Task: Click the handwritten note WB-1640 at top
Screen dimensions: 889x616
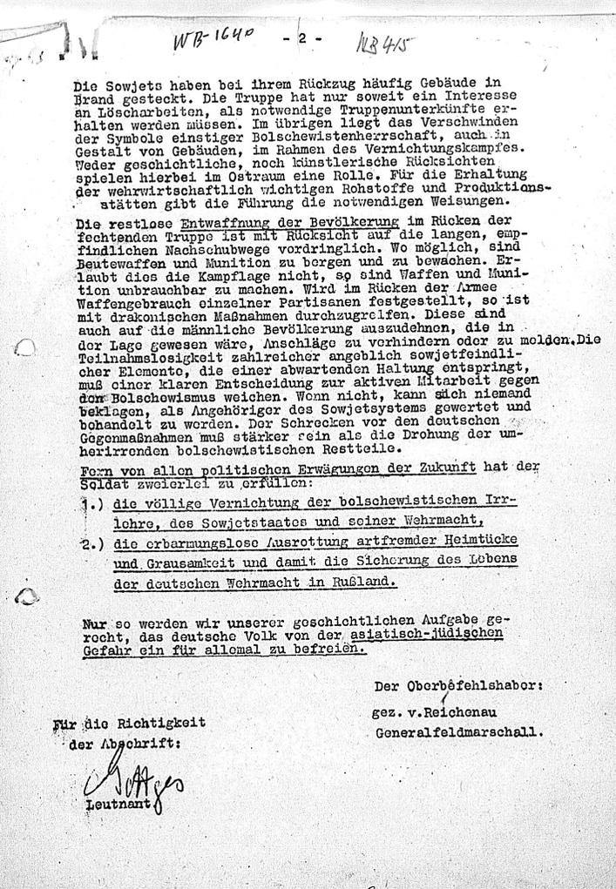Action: (213, 38)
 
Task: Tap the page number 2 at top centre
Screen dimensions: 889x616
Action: (302, 38)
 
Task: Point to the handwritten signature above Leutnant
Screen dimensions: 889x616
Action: (131, 782)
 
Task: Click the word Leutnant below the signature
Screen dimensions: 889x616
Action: (113, 805)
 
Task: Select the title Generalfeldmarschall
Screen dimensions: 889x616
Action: (459, 732)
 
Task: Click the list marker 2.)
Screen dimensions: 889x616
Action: (91, 545)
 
